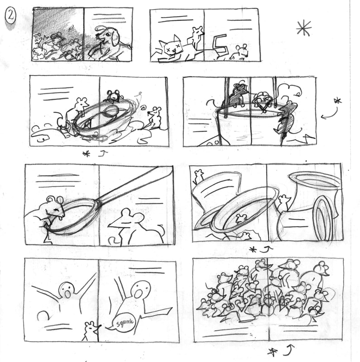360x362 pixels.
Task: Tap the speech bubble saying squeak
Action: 123,322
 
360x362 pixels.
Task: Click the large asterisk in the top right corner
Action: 303,28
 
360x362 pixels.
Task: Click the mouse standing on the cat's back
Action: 197,37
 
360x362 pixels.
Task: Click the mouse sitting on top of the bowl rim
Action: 113,96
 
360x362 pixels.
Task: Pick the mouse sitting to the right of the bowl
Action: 154,117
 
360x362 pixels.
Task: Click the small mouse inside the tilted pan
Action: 241,218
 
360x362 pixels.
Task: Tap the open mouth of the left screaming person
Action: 68,294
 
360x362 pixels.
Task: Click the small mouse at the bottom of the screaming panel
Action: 91,331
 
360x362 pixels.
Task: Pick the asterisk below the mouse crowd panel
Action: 273,352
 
